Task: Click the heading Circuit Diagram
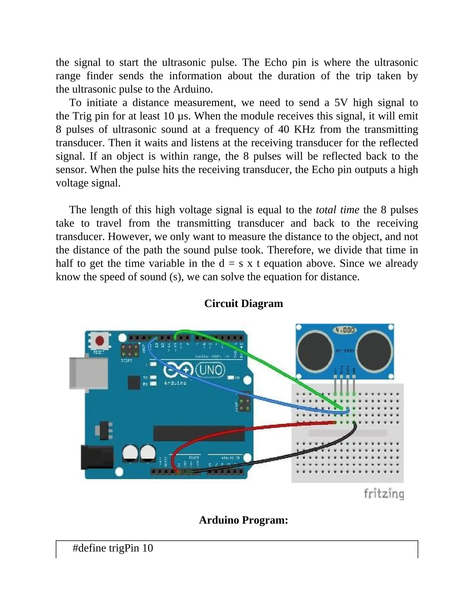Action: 243,304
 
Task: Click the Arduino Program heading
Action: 243,520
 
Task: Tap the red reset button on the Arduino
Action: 99,341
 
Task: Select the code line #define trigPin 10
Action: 113,548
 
